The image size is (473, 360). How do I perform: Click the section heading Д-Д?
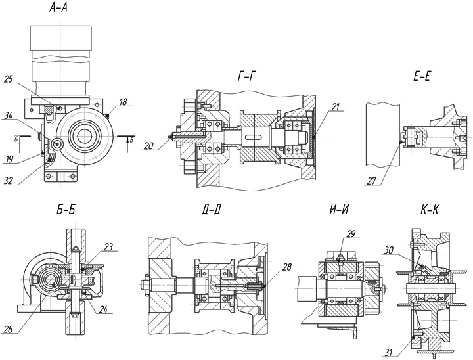pyautogui.click(x=213, y=211)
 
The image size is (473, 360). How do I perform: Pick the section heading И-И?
pyautogui.click(x=339, y=211)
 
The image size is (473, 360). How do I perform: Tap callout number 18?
pyautogui.click(x=124, y=102)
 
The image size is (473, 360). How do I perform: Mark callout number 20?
pyautogui.click(x=150, y=146)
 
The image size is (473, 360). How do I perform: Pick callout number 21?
pyautogui.click(x=336, y=107)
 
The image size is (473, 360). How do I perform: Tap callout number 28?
pyautogui.click(x=286, y=268)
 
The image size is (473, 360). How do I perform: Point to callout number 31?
pyautogui.click(x=389, y=353)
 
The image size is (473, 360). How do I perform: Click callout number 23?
pyautogui.click(x=108, y=248)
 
